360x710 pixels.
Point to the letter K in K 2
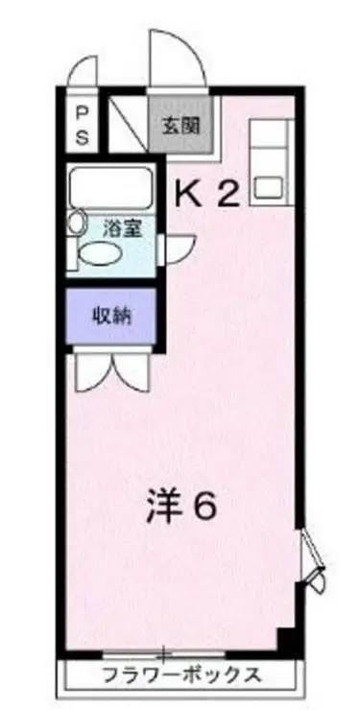pos(188,195)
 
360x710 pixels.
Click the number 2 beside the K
pos(228,195)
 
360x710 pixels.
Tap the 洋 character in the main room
pos(163,506)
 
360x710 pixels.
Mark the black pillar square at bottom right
pos(286,638)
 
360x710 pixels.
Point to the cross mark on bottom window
pos(164,654)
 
